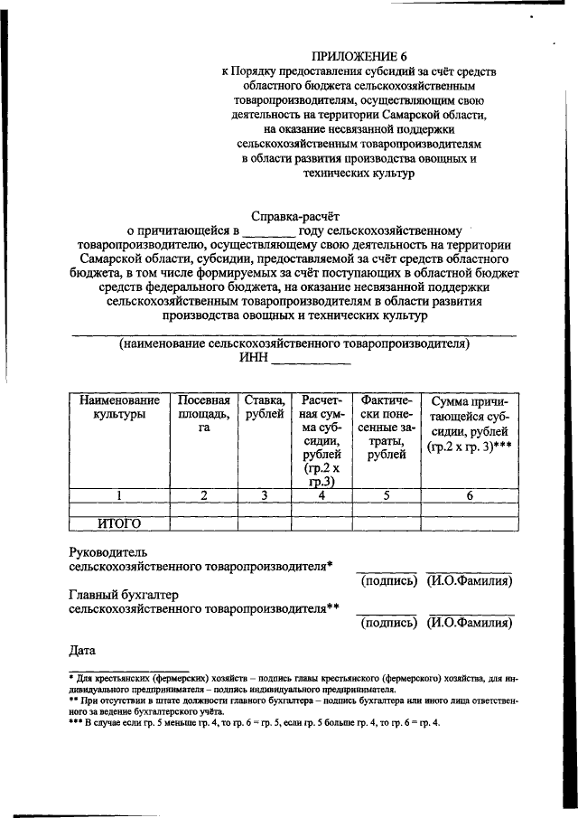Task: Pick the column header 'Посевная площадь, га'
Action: coord(204,413)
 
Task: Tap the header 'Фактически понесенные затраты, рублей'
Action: coord(386,427)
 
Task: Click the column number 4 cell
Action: coord(322,494)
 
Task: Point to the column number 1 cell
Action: coord(118,494)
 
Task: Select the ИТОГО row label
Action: coord(118,522)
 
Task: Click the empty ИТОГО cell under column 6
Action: coord(470,522)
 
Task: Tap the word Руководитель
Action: coord(108,551)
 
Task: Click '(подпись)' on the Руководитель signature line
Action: coord(388,581)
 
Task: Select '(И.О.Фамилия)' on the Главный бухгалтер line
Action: coord(470,623)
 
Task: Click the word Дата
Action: coord(83,649)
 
